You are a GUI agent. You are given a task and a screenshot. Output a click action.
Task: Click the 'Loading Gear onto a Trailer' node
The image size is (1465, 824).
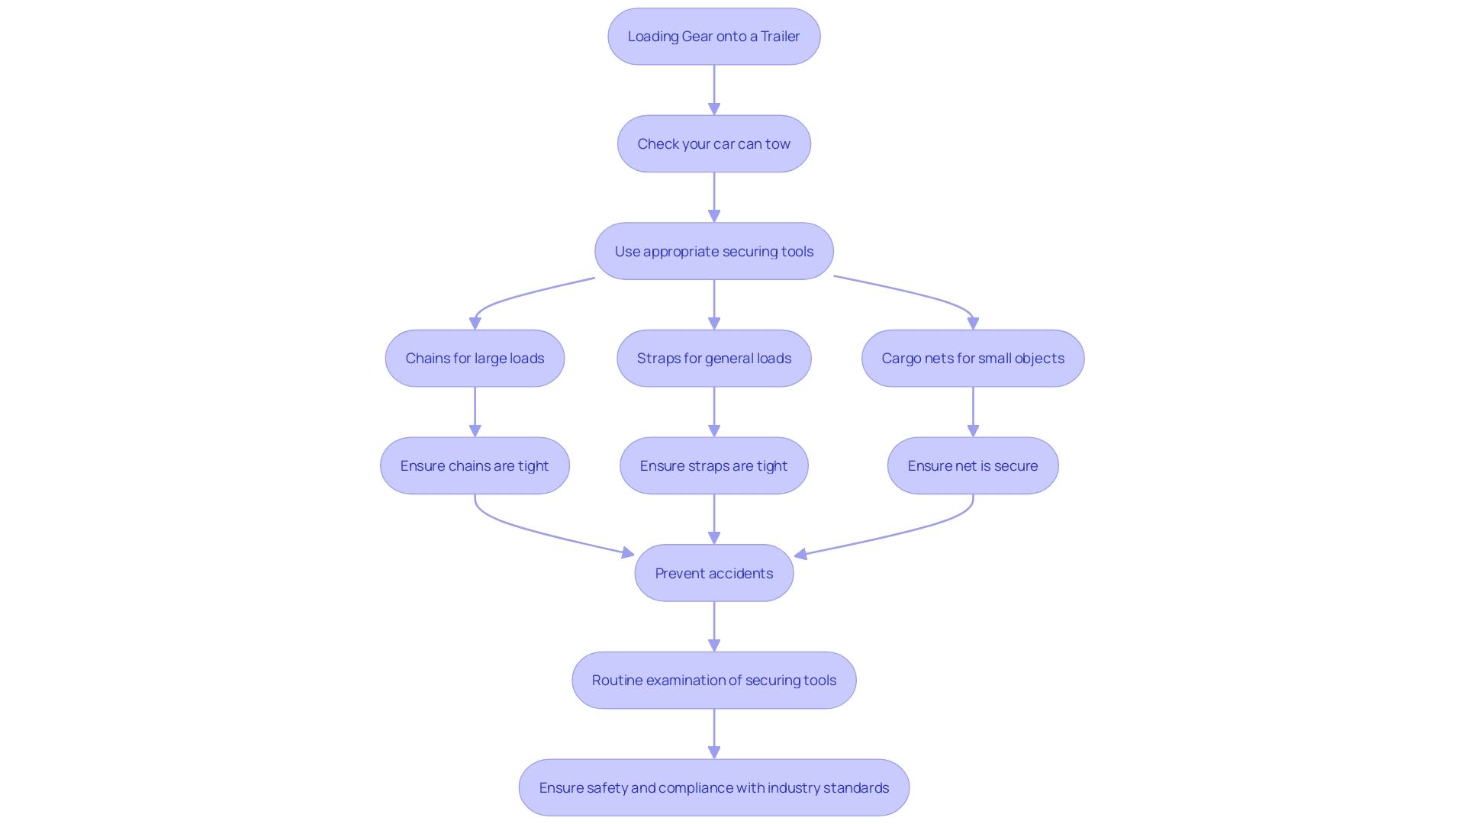(x=713, y=37)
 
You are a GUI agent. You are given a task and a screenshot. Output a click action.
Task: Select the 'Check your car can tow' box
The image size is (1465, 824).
(x=713, y=144)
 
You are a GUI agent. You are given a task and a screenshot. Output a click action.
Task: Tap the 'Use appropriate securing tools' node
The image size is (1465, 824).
(x=713, y=251)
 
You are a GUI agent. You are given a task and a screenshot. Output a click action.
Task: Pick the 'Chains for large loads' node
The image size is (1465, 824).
(x=475, y=359)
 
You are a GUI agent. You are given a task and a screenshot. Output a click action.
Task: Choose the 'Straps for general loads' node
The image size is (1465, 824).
(x=713, y=359)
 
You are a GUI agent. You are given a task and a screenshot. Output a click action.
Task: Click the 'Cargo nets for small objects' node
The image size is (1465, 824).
(x=973, y=359)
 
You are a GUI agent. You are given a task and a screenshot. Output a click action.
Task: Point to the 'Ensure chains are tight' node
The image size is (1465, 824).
(x=475, y=465)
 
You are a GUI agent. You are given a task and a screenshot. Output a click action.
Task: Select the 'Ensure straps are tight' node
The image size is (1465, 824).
(x=713, y=465)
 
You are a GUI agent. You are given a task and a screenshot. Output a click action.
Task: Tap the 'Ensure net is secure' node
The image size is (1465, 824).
(x=973, y=465)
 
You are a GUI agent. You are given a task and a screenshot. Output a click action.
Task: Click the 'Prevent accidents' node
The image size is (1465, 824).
(x=713, y=573)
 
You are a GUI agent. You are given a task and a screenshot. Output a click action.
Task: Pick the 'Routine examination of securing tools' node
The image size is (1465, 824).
(x=713, y=681)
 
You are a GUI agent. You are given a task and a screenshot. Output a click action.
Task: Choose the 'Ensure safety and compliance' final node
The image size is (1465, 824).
(x=713, y=787)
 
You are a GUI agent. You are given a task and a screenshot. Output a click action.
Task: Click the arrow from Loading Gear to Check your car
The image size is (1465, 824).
(x=714, y=90)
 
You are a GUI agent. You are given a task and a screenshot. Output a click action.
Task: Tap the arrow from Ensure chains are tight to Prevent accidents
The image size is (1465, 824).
(x=534, y=530)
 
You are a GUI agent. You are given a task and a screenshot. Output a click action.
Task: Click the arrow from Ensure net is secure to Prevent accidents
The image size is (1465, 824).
(x=900, y=532)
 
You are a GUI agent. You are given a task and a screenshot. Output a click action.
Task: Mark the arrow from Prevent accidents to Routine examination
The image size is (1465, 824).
(x=714, y=626)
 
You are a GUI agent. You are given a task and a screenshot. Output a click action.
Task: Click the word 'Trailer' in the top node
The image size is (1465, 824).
(x=780, y=37)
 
